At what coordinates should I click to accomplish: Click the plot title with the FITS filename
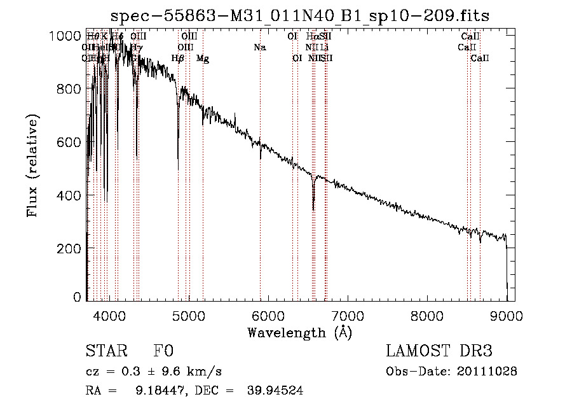(299, 15)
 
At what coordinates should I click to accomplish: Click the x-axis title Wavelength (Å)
(299, 332)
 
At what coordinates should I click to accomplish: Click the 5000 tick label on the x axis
(189, 315)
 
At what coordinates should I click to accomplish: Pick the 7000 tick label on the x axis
(348, 315)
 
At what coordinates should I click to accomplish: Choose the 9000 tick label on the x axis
(507, 315)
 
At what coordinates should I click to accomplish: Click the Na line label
(259, 48)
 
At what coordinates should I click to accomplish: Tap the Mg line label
(203, 59)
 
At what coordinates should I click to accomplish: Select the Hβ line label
(178, 59)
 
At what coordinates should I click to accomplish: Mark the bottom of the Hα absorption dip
(313, 209)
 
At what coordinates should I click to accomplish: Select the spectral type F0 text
(163, 351)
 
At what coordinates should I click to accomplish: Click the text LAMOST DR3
(439, 351)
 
